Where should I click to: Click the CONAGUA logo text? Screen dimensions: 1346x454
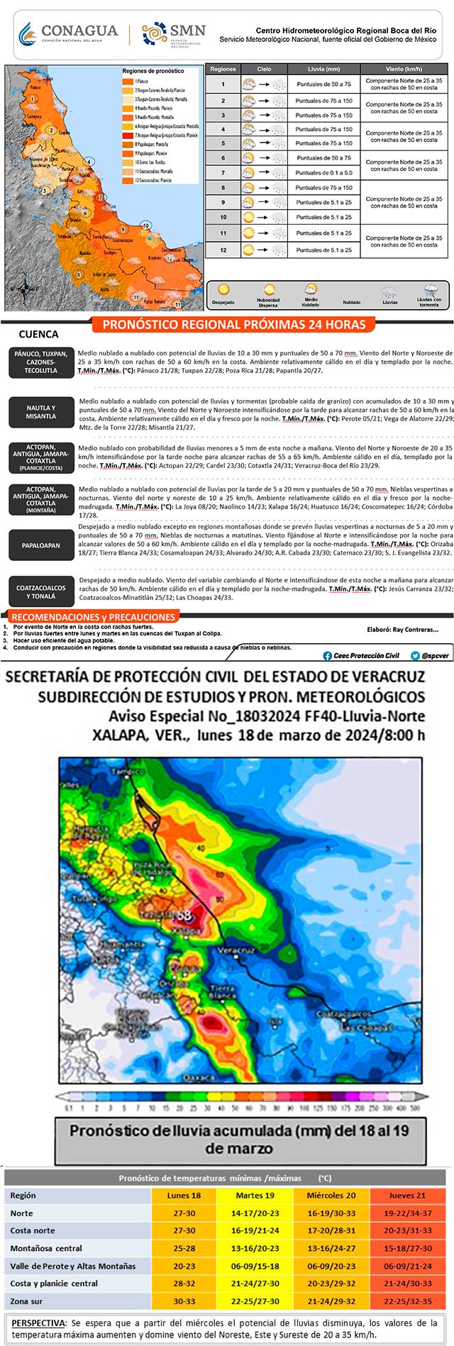point(79,31)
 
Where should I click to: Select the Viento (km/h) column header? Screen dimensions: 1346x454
point(404,69)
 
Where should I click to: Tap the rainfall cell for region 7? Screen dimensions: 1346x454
point(323,172)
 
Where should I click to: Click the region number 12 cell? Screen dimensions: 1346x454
point(223,250)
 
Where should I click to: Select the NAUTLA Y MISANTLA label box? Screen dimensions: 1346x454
point(40,412)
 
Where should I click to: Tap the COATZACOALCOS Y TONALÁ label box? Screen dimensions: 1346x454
point(40,592)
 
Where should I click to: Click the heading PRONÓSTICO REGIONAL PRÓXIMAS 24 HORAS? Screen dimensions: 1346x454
point(234,325)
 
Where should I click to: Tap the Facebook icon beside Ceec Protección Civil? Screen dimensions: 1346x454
point(327,655)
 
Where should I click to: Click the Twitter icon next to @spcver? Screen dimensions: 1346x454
point(415,655)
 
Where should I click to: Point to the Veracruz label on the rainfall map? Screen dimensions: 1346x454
point(236,950)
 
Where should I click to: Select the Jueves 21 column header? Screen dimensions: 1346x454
point(406,1195)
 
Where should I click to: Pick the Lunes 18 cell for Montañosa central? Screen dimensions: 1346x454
point(184,1248)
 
